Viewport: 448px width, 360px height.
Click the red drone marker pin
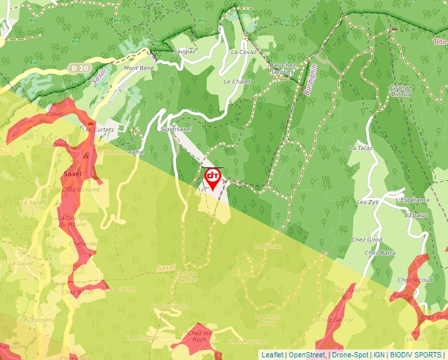[x=213, y=178]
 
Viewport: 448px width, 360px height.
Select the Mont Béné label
[x=138, y=68]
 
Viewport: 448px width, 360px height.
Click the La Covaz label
[x=243, y=51]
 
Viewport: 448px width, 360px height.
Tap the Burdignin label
[x=310, y=80]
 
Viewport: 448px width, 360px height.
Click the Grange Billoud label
[x=401, y=91]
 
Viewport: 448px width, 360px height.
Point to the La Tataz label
[x=361, y=148]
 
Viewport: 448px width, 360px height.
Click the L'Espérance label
[x=413, y=199]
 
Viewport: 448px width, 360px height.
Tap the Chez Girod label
[x=367, y=240]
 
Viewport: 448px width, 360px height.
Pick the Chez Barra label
[x=379, y=253]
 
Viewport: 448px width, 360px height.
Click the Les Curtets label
[x=98, y=130]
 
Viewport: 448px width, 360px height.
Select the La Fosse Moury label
[x=267, y=320]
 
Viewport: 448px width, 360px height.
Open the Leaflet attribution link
[x=271, y=355]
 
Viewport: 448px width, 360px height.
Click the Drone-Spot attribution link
[x=350, y=355]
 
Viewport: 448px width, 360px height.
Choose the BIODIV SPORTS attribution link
[x=416, y=355]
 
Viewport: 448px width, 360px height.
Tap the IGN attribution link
[x=379, y=355]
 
